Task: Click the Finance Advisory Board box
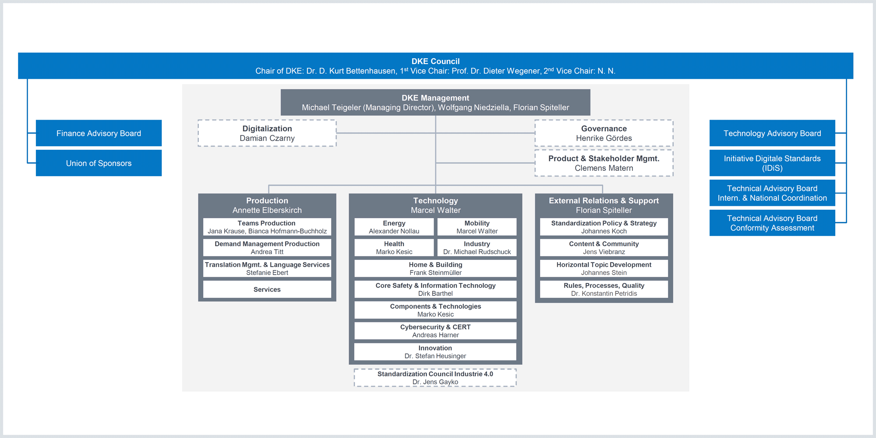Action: (99, 133)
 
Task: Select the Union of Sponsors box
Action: (99, 163)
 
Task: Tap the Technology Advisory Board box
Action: (772, 133)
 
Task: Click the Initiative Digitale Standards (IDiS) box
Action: (772, 163)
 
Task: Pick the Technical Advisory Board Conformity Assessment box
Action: (772, 223)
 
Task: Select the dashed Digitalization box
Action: (267, 133)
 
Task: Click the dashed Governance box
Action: (604, 133)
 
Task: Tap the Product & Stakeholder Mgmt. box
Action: (604, 163)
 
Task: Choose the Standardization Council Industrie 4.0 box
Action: (435, 378)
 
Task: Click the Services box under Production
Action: (267, 289)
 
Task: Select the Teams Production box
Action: (267, 227)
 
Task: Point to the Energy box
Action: (394, 227)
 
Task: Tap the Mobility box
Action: (477, 227)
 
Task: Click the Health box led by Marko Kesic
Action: (394, 247)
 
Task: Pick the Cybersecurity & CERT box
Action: (435, 331)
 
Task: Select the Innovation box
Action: (435, 352)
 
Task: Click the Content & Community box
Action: (604, 247)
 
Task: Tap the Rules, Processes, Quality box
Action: (604, 289)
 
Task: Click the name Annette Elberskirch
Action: (267, 210)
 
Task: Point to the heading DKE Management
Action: (435, 98)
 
